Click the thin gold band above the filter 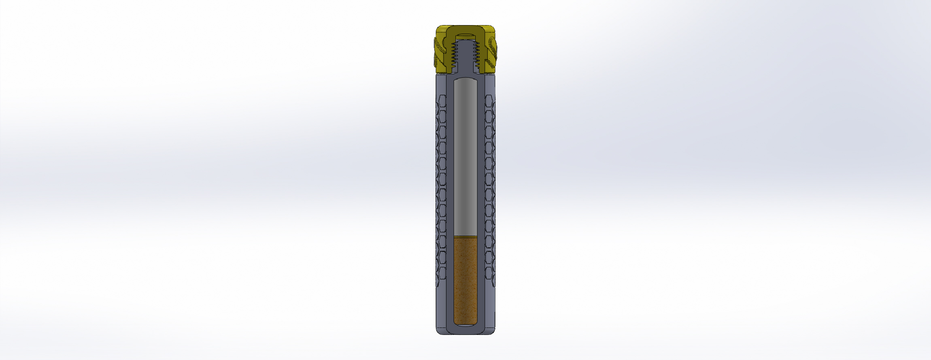(x=465, y=236)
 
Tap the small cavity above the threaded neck (x=465, y=38)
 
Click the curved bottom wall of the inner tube (x=465, y=329)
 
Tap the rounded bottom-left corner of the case (x=438, y=332)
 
